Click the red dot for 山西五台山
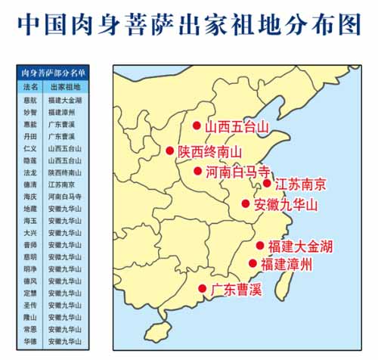tap(197, 126)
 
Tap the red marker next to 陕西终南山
tap(170, 151)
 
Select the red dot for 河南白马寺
tap(197, 171)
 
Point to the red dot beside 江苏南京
tap(267, 182)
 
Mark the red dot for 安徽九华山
tap(246, 203)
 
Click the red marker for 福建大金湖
tap(260, 245)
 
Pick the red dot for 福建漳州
tap(253, 263)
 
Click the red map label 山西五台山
tap(237, 126)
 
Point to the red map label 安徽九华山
tap(286, 204)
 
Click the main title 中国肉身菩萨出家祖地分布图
tap(188, 24)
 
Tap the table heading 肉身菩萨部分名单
tap(52, 73)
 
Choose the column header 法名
tap(30, 87)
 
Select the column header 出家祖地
tap(64, 87)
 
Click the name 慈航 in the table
tap(30, 99)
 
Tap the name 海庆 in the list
tap(30, 197)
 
